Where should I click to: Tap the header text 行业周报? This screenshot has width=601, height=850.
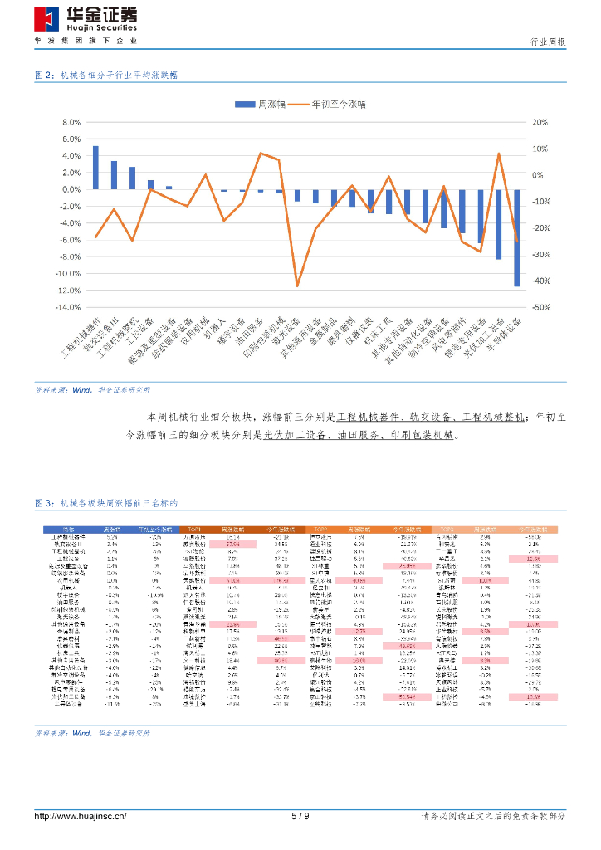tap(547, 42)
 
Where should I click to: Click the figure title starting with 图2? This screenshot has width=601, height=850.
tap(105, 75)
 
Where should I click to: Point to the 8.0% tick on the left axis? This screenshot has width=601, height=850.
tap(66, 122)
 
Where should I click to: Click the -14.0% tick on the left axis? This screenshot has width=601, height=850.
tap(64, 307)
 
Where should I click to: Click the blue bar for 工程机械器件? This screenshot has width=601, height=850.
tap(95, 168)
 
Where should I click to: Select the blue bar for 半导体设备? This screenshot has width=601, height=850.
tap(517, 237)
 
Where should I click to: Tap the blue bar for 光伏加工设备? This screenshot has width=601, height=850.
tap(499, 224)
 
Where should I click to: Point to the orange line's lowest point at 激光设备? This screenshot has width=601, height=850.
tap(297, 286)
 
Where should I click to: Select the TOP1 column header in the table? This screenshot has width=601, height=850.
tap(194, 529)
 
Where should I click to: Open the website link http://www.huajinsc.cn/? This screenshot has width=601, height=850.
tap(80, 816)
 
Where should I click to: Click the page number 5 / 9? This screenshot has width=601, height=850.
tap(300, 816)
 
